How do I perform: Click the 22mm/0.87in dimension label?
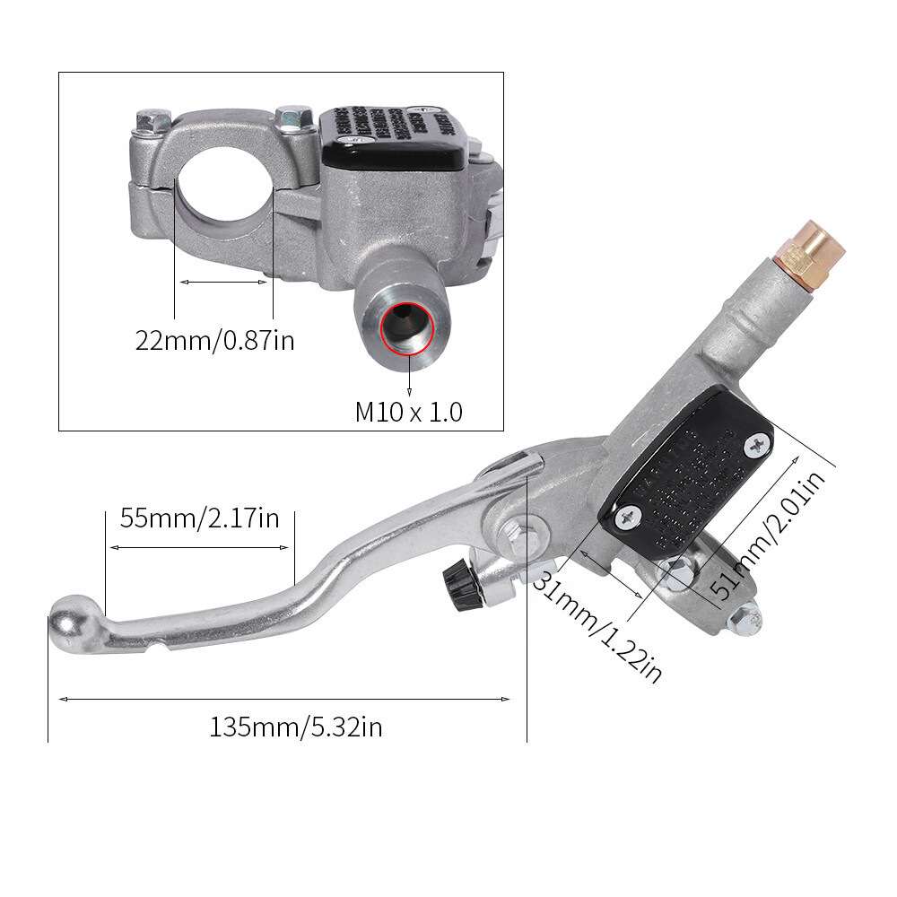coord(214,341)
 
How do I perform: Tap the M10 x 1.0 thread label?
coord(408,413)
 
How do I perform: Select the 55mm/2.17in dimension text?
coord(200,518)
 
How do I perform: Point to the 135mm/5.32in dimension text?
coord(296,727)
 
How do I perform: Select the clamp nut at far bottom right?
coord(744,617)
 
